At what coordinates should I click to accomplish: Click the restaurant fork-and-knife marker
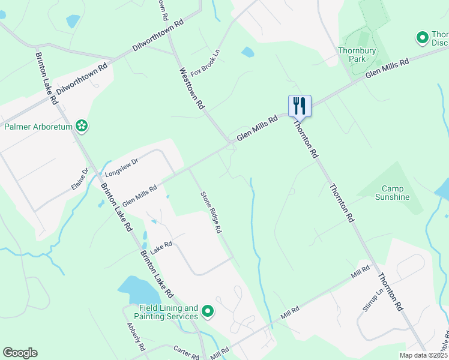pos(300,106)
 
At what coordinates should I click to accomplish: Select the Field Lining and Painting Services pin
pos(208,311)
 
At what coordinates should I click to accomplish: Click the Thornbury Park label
pos(352,55)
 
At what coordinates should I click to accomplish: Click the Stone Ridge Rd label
pos(211,212)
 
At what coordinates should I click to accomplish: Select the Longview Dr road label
pos(121,167)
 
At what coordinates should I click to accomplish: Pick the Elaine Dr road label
pos(80,179)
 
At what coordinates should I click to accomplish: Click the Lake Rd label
pos(161,248)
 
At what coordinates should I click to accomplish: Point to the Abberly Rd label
pos(136,337)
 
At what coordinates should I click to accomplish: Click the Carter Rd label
pos(186,352)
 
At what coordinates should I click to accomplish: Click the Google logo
pos(20,353)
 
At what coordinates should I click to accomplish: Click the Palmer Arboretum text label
pos(38,127)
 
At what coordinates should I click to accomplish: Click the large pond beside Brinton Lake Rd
pos(139,291)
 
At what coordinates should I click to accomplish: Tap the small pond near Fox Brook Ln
pos(247,52)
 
